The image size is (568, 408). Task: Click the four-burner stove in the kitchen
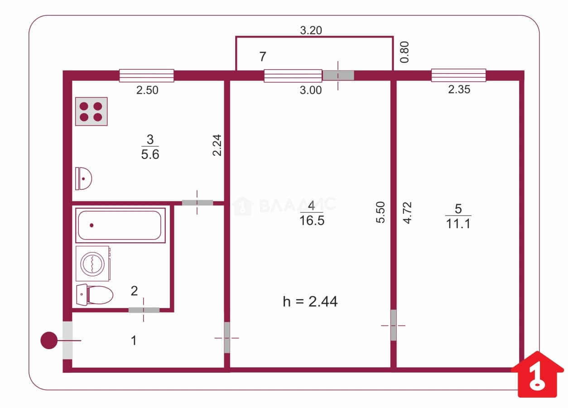click(x=91, y=111)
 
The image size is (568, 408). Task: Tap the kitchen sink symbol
click(x=83, y=178)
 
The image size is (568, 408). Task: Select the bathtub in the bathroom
click(x=120, y=226)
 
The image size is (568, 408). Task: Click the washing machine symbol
click(x=93, y=264)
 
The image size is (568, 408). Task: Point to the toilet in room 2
click(x=95, y=295)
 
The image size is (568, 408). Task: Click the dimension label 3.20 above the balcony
click(x=311, y=30)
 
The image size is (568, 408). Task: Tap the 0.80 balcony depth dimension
click(x=404, y=52)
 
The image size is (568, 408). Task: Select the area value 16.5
click(x=312, y=221)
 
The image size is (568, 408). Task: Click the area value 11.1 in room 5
click(x=458, y=224)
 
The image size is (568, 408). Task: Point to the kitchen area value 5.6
click(x=150, y=154)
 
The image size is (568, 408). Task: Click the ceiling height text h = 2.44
click(x=310, y=302)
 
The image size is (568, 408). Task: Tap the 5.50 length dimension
click(x=380, y=212)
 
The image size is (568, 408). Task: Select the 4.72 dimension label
click(x=408, y=213)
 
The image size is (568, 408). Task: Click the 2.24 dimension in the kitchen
click(x=217, y=145)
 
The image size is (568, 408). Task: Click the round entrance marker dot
click(x=49, y=340)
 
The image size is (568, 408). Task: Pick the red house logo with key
click(x=537, y=374)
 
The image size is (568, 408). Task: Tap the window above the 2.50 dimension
click(x=147, y=76)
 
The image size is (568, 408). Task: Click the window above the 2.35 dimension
click(x=458, y=75)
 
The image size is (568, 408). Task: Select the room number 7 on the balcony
click(x=263, y=56)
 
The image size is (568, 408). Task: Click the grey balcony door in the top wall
click(x=338, y=75)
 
